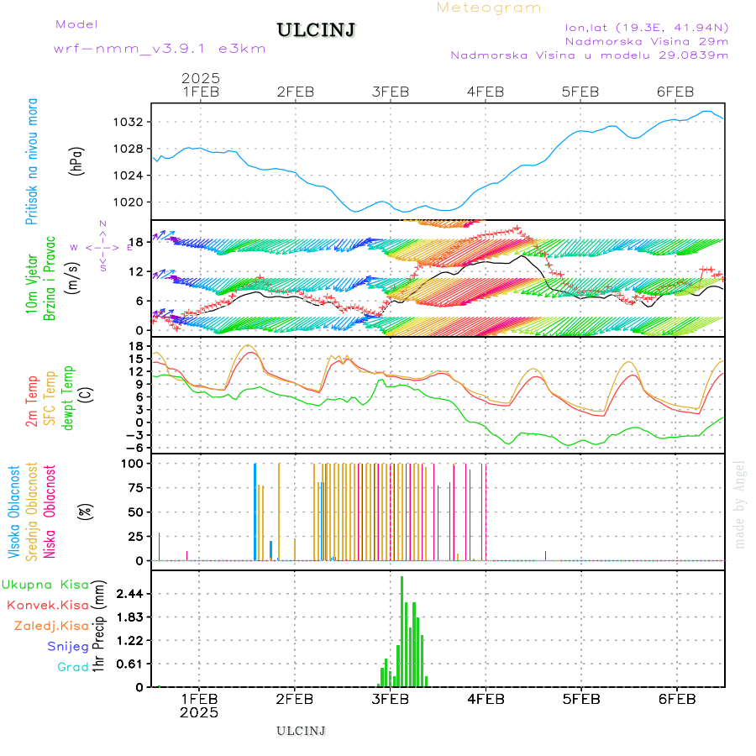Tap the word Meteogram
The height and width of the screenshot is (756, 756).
[489, 8]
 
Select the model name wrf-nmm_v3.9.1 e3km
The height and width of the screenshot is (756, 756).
[159, 49]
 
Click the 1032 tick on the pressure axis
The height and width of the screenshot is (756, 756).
[130, 122]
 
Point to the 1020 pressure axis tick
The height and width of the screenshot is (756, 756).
[130, 202]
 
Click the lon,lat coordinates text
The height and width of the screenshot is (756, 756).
[646, 26]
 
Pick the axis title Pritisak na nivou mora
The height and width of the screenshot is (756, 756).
[33, 161]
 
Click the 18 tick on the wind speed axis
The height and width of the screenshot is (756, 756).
[137, 242]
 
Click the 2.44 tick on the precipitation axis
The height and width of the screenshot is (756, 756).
[129, 594]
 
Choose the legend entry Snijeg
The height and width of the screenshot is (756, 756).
[67, 646]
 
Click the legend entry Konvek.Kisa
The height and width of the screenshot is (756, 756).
[47, 605]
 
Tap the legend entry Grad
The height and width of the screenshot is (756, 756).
[72, 667]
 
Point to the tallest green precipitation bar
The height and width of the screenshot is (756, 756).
[402, 630]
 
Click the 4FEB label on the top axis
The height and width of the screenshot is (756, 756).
[486, 92]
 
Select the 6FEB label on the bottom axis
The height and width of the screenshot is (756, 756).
[676, 699]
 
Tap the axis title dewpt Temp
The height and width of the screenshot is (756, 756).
[68, 397]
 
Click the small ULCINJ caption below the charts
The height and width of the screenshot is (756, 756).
[301, 731]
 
